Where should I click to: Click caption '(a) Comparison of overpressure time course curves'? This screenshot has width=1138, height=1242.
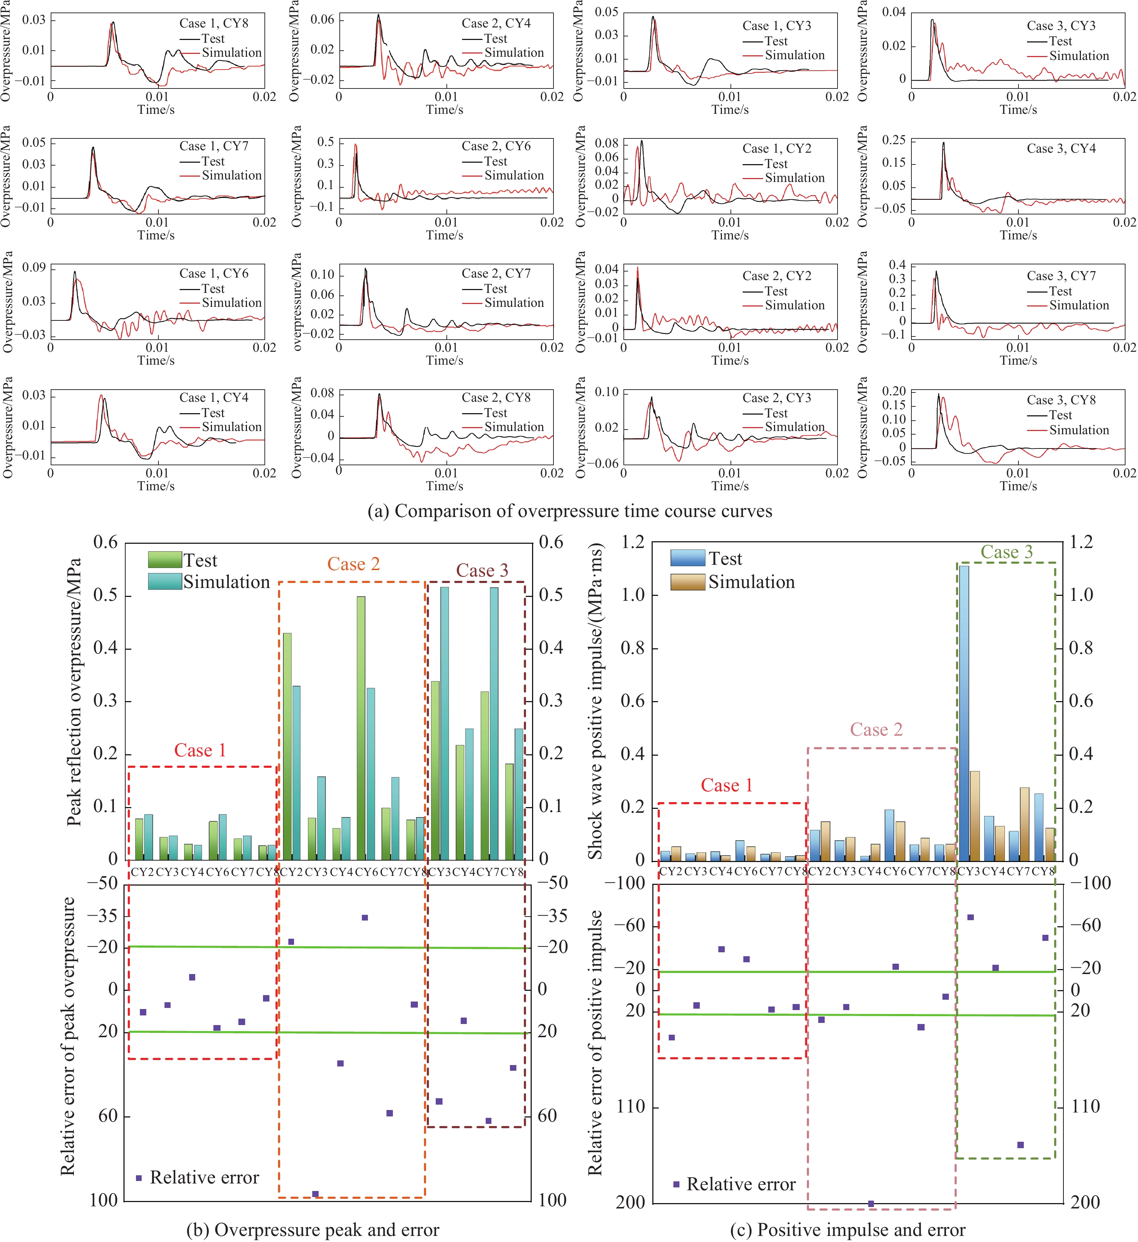pyautogui.click(x=569, y=511)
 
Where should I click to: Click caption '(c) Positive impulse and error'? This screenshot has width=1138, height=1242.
pyautogui.click(x=847, y=1230)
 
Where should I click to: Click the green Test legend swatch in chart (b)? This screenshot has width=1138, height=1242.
pyautogui.click(x=165, y=559)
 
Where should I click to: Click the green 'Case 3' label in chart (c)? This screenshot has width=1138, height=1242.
pyautogui.click(x=1006, y=552)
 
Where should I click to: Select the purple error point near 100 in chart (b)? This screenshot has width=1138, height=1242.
pyautogui.click(x=315, y=1194)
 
